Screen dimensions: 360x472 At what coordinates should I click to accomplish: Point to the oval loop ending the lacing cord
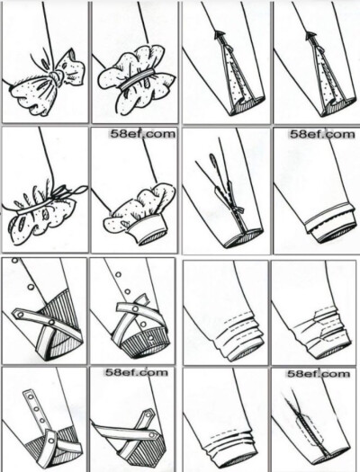tap(213, 159)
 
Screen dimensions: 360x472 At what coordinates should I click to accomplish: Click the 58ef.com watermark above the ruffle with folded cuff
tap(142, 134)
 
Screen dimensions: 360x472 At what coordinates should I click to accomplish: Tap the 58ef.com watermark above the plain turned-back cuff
tap(322, 134)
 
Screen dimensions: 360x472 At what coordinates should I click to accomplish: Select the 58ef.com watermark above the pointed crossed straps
tap(136, 373)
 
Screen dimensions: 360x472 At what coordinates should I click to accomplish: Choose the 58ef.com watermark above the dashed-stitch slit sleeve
tap(319, 374)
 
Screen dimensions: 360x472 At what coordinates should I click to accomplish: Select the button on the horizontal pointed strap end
tap(154, 435)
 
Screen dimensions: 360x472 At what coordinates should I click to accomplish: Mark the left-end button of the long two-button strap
tap(20, 315)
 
